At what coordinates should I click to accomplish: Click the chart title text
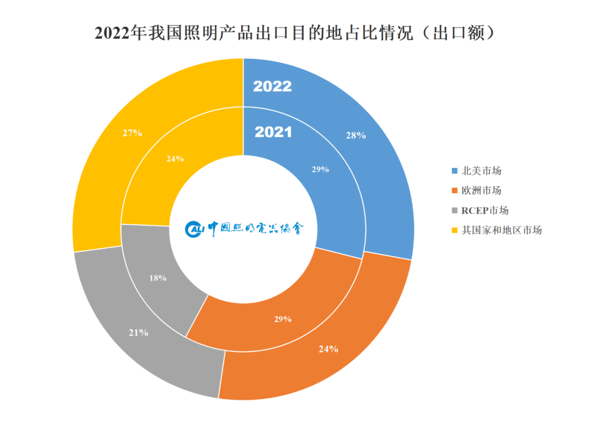(294, 33)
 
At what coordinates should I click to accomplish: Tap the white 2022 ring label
(273, 86)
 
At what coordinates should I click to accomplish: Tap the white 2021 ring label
(273, 132)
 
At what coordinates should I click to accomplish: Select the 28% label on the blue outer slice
(356, 136)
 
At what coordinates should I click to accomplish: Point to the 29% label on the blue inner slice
(320, 169)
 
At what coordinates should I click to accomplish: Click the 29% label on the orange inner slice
(283, 319)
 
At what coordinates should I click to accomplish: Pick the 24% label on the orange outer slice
(328, 349)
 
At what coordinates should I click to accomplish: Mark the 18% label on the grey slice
(158, 278)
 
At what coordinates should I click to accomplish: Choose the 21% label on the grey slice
(139, 332)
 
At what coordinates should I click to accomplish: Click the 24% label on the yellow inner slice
(175, 159)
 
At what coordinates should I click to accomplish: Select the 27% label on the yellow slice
(133, 132)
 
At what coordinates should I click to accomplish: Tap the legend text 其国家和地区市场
(502, 230)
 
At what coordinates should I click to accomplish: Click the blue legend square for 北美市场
(455, 171)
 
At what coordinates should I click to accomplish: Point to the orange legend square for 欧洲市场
(455, 191)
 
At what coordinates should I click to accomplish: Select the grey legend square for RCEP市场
(455, 210)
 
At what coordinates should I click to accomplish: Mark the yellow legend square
(455, 230)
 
